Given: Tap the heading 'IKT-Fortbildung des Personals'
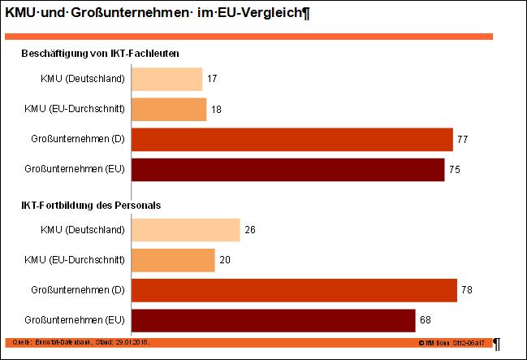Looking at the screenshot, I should pyautogui.click(x=91, y=206).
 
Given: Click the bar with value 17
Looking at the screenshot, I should pyautogui.click(x=166, y=79).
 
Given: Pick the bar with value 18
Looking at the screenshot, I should pyautogui.click(x=169, y=109).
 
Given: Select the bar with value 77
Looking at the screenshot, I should pyautogui.click(x=292, y=140).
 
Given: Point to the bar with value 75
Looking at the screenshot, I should pyautogui.click(x=287, y=170).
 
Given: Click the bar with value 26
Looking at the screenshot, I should pyautogui.click(x=185, y=230).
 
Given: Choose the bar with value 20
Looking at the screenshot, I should pyautogui.click(x=173, y=260).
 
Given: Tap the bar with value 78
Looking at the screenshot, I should pyautogui.click(x=294, y=290).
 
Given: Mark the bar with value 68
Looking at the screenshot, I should pyautogui.click(x=274, y=320).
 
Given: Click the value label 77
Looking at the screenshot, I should pyautogui.click(x=463, y=140).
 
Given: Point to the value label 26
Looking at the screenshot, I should pyautogui.click(x=250, y=230).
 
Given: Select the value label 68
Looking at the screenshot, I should pyautogui.click(x=425, y=320).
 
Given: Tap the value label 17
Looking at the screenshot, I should pyautogui.click(x=212, y=79).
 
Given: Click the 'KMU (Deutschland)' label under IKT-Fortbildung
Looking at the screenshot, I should pyautogui.click(x=82, y=230).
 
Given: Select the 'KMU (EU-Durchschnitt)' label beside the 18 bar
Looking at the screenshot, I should pyautogui.click(x=75, y=109).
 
